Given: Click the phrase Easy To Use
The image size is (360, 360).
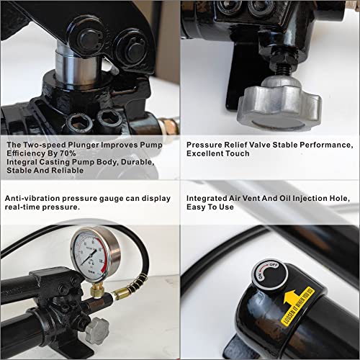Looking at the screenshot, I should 210,209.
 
